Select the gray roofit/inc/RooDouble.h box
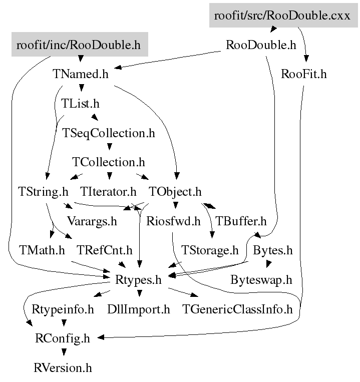coord(79,45)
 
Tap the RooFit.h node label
coord(304,74)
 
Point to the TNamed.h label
coord(81,74)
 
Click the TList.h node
coord(80,104)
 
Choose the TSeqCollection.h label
coord(109,133)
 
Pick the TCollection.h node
coord(109,162)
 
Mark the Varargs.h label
coord(92,221)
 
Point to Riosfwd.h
coord(174,221)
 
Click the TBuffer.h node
coord(241,221)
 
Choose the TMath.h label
coord(43,250)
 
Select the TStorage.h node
coord(210,250)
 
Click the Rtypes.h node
coord(138,279)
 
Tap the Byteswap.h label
coord(261,279)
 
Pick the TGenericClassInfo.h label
coord(237,309)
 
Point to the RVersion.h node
coord(63,367)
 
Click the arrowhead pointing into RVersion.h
coord(63,352)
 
